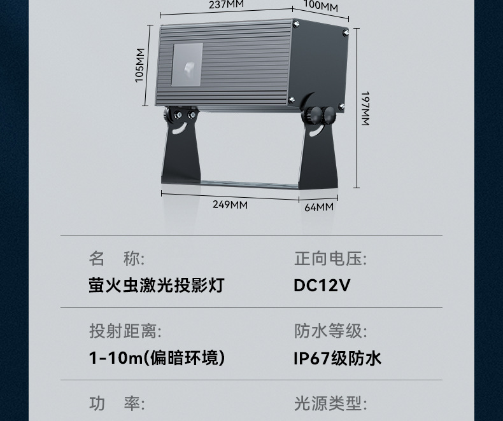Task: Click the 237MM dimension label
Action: (x=226, y=4)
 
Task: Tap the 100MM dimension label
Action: (x=320, y=7)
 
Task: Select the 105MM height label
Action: (x=140, y=66)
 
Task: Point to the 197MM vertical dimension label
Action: (x=365, y=108)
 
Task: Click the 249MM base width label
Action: (x=230, y=204)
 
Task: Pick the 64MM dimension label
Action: (x=318, y=207)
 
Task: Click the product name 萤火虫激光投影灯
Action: (x=156, y=284)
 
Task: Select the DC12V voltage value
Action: (x=322, y=284)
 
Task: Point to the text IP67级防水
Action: (x=337, y=358)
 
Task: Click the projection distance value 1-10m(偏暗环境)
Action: (x=157, y=357)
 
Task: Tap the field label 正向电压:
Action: (x=330, y=258)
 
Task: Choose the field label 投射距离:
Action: (x=125, y=331)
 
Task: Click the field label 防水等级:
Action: (x=330, y=331)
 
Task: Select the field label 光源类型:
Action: (x=330, y=403)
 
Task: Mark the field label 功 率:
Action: (x=117, y=403)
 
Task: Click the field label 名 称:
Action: (x=117, y=258)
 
